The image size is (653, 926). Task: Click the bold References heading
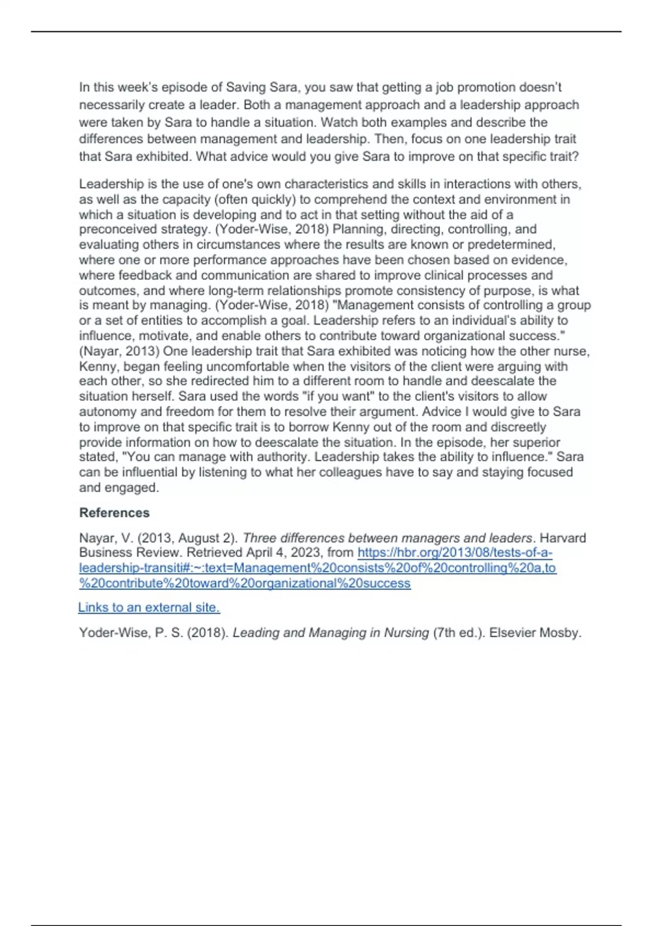click(114, 513)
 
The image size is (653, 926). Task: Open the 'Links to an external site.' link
click(149, 607)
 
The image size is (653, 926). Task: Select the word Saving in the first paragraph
click(246, 88)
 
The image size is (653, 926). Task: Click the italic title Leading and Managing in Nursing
click(331, 633)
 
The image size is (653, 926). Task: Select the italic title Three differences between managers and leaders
click(387, 538)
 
